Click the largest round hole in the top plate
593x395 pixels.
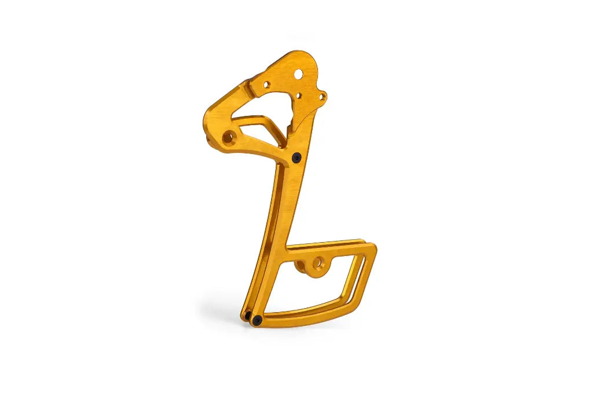298,75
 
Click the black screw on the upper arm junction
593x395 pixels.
296,157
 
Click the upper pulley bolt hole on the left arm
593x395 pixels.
228,138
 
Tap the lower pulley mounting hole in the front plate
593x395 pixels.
317,264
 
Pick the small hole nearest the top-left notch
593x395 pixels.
266,85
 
